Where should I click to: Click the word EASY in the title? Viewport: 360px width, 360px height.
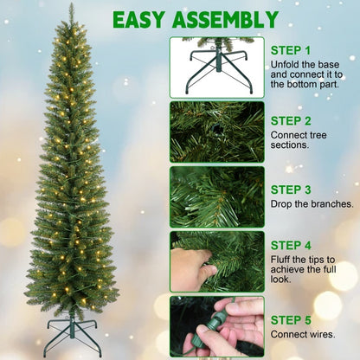145,19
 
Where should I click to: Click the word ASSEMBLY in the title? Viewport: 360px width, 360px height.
229,19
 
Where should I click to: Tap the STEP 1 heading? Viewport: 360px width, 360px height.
290,50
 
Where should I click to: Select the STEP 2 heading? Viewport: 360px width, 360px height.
290,120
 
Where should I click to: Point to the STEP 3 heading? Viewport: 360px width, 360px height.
290,189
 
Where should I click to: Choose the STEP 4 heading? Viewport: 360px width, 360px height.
290,245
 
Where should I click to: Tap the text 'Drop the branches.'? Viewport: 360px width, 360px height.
312,204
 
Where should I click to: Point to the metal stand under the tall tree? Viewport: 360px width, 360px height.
73,334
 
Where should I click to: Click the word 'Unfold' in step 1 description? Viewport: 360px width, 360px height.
286,65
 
